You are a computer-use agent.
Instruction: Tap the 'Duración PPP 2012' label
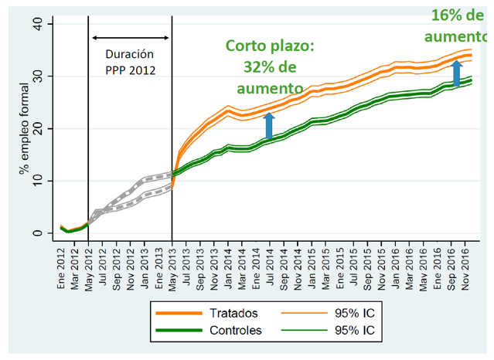[x=130, y=61]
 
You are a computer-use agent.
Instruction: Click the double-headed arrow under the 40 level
[x=130, y=38]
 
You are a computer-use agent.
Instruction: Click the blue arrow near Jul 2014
[x=270, y=124]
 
